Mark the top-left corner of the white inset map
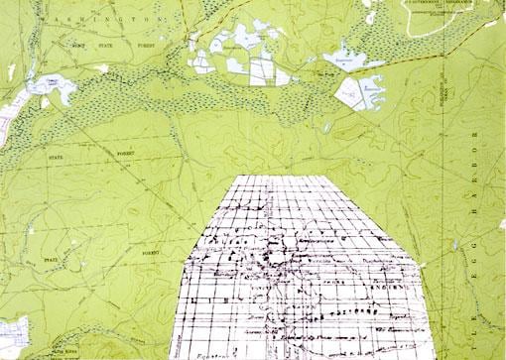(x=234, y=177)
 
